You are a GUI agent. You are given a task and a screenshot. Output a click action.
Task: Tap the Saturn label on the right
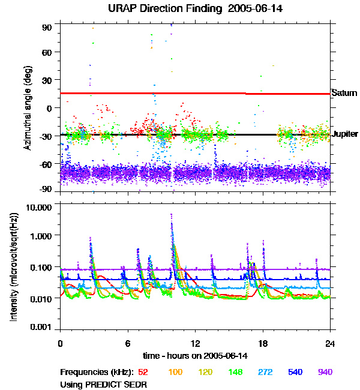click(344, 93)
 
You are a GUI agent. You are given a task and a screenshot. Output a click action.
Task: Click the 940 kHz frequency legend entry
click(324, 372)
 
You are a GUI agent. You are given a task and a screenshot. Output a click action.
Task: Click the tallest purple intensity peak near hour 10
click(172, 215)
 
